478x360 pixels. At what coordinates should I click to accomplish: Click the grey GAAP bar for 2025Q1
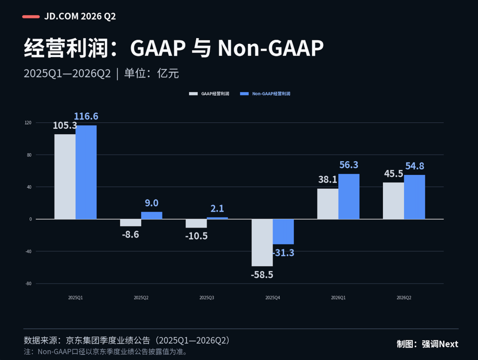pos(65,177)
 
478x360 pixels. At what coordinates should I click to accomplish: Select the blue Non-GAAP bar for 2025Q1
pos(86,172)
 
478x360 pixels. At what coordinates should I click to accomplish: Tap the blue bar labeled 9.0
pos(151,215)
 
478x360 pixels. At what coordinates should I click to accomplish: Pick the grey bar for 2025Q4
pos(262,243)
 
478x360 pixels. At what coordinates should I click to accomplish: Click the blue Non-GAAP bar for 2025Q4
pos(283,232)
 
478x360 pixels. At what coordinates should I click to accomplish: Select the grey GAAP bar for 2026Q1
pos(328,204)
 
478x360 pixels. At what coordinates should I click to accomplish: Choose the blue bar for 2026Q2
pos(414,197)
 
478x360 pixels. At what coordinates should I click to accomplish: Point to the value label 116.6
pos(86,116)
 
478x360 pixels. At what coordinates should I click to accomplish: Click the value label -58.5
pos(262,275)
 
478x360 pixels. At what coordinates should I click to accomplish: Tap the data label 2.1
pos(217,209)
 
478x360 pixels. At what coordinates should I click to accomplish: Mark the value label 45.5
pos(393,174)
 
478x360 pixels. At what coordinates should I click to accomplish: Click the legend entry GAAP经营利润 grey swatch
pos(193,94)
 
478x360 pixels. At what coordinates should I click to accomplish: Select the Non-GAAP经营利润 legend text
pos(271,94)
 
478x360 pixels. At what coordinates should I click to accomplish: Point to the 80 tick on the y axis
pos(29,155)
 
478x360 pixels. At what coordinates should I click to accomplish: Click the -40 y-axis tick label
pos(28,252)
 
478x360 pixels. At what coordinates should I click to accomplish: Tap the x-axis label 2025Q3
pos(207,298)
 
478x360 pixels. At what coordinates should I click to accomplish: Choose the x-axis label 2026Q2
pos(404,298)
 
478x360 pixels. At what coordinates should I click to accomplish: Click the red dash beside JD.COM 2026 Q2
pos(31,16)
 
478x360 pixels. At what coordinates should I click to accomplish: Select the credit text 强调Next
pos(440,344)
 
